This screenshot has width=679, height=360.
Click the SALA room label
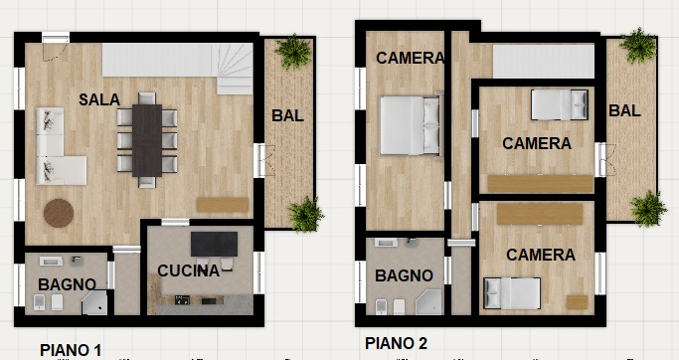coord(99,99)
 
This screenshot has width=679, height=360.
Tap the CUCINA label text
coord(188,270)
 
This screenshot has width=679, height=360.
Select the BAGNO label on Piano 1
coord(67,284)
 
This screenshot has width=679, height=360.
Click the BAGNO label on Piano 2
coord(404,275)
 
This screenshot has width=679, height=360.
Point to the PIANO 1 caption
coord(71,350)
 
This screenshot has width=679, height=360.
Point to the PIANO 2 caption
coord(396,343)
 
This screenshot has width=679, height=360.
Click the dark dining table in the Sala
coord(147,140)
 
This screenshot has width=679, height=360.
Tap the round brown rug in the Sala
coord(59,213)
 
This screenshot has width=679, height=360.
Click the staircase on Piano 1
coord(178,65)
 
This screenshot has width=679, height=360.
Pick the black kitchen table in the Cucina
coord(214,244)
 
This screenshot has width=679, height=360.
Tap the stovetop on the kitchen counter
coord(182,299)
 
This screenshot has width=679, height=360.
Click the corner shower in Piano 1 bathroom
coord(94,302)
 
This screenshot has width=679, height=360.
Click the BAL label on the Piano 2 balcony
coord(624,111)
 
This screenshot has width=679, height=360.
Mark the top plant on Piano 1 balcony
coord(293,52)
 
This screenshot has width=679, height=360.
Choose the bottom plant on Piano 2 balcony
coord(648,209)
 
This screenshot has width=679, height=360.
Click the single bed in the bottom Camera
coord(512,293)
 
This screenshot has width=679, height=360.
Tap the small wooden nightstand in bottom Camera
coord(577,302)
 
